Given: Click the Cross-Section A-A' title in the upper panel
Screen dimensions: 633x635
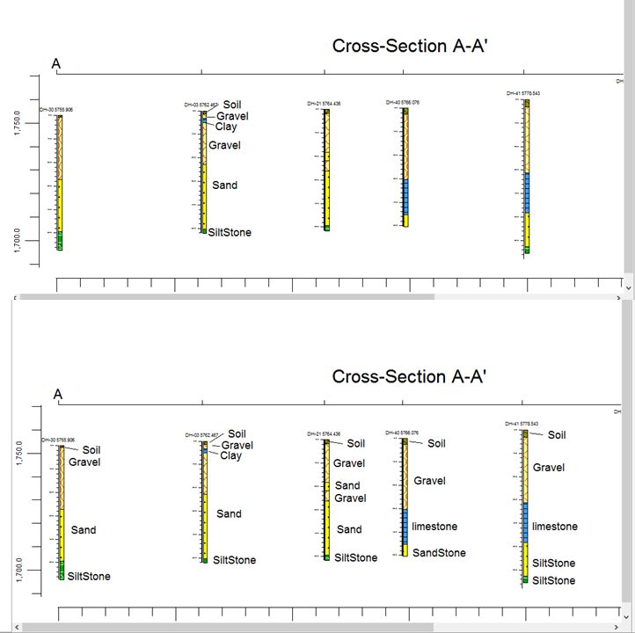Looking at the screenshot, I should click(409, 47).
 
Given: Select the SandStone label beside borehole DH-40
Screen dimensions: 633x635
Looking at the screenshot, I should click(439, 553).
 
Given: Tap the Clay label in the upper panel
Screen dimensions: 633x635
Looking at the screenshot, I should click(226, 127).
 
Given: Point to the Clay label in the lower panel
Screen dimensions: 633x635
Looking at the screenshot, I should click(230, 455).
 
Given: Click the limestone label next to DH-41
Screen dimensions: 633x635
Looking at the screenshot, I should click(555, 527).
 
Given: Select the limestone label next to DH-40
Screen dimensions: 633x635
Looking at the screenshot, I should click(434, 527).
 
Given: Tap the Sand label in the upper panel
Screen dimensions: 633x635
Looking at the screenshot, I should click(224, 186).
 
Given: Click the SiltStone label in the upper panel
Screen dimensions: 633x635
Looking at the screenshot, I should click(230, 232).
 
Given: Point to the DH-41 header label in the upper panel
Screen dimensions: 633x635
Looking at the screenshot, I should click(522, 93).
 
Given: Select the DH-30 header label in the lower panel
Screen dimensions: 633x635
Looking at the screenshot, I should click(58, 440).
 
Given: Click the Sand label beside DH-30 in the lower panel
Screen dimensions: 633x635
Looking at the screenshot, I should click(84, 530).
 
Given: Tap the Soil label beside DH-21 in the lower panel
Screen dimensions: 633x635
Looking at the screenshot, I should click(355, 444).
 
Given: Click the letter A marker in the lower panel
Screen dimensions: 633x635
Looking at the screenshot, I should click(58, 395).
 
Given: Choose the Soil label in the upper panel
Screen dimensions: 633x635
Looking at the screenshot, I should click(232, 105).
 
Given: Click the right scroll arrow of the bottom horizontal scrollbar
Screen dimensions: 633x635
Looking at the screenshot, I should click(627, 627).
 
